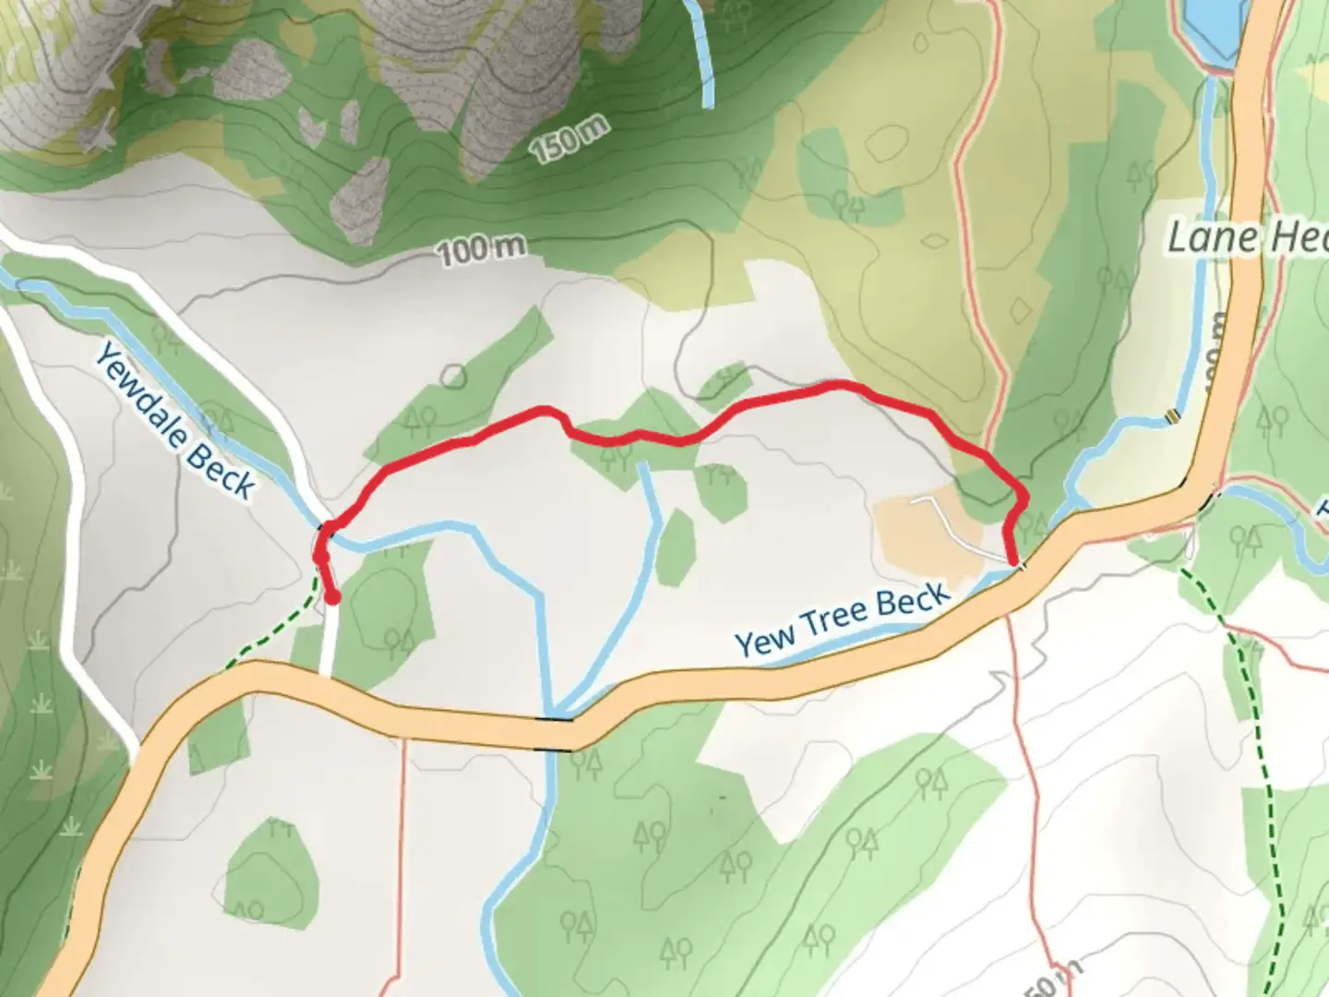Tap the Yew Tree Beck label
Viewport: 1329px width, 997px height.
(x=841, y=619)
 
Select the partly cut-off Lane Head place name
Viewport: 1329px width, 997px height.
(x=1246, y=238)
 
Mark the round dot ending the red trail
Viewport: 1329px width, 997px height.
(x=331, y=597)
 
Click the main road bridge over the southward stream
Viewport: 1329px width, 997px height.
(x=557, y=717)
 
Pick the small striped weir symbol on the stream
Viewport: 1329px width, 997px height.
(x=1172, y=416)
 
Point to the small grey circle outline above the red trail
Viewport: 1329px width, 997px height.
(x=453, y=376)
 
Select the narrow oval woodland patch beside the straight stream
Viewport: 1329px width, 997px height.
(x=676, y=547)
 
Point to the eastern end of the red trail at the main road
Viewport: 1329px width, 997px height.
(x=1015, y=561)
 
